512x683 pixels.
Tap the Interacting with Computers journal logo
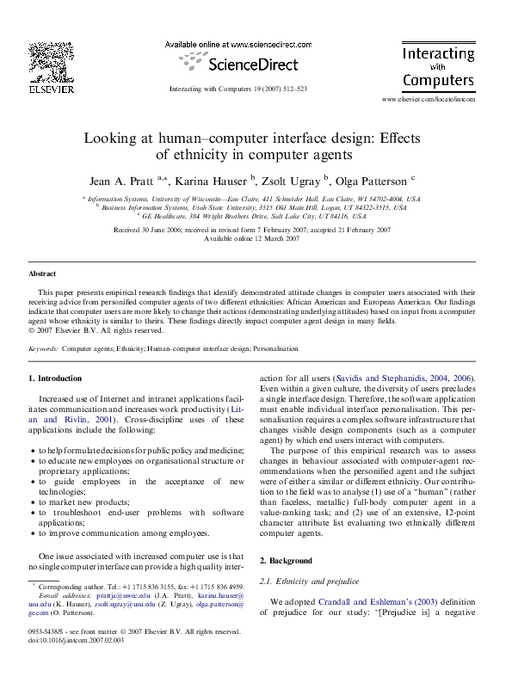[x=439, y=67]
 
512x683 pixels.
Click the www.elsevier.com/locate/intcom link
[x=428, y=100]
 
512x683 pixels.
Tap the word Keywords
[x=43, y=349]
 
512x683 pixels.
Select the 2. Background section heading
[x=289, y=559]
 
